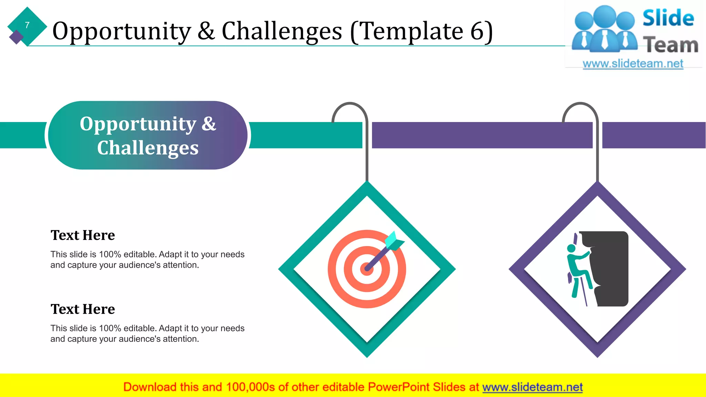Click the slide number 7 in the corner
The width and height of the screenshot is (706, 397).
27,25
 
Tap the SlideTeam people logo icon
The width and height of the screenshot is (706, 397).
604,30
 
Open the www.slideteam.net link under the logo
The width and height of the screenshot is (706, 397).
633,64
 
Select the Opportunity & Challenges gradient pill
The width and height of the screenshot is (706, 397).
148,135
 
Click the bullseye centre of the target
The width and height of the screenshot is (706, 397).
366,269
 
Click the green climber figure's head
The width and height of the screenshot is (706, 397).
571,248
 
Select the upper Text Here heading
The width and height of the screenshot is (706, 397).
83,235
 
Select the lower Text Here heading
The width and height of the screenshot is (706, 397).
83,309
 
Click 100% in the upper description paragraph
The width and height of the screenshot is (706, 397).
110,254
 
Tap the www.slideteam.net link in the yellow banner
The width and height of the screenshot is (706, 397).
532,387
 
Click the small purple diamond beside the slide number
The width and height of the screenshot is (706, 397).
16,37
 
